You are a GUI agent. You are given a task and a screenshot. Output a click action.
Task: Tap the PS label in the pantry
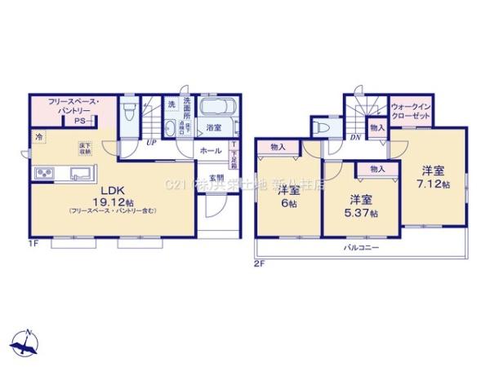click(79, 122)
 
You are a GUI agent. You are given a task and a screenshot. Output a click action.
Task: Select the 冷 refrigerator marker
click(38, 138)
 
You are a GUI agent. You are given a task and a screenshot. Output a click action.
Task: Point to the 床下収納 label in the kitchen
click(85, 148)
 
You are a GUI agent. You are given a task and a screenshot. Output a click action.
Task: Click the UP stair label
click(151, 142)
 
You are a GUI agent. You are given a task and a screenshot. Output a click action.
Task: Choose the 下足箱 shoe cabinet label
click(234, 154)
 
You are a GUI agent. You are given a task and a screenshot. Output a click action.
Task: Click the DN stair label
click(354, 137)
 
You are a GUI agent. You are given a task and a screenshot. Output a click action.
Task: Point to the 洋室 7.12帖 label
click(434, 177)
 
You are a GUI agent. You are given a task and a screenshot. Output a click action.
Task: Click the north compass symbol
click(29, 342)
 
